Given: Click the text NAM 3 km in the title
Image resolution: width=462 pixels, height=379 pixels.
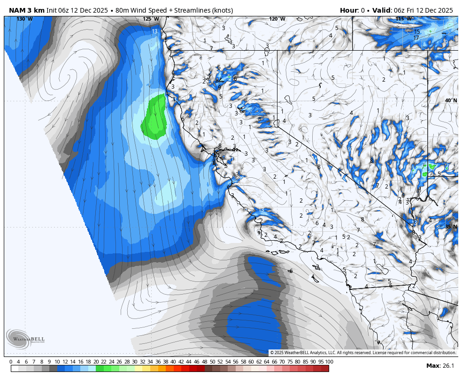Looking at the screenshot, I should point(27,10).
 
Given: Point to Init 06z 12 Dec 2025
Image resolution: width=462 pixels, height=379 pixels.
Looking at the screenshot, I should point(77,10).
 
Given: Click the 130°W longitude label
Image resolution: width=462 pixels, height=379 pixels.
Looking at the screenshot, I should point(24,19).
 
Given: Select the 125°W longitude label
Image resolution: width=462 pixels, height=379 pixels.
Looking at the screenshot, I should point(151,19).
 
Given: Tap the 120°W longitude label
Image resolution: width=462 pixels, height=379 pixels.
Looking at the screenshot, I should point(277,19).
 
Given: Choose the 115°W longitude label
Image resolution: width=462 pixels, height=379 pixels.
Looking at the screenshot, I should point(403,19).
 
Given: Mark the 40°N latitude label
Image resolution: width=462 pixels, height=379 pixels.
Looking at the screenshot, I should point(451,101).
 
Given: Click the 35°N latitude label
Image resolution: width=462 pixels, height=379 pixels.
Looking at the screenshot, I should point(451,227).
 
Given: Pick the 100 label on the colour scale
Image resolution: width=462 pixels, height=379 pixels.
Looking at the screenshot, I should point(329,362).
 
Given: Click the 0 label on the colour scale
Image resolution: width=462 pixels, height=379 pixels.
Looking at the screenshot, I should point(11,362).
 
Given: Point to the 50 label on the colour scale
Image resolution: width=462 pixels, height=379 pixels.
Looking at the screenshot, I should point(212,362).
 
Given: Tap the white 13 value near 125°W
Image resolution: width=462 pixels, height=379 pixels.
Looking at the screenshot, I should point(154,31).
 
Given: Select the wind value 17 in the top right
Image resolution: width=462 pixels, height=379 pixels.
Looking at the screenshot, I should point(416,38).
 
